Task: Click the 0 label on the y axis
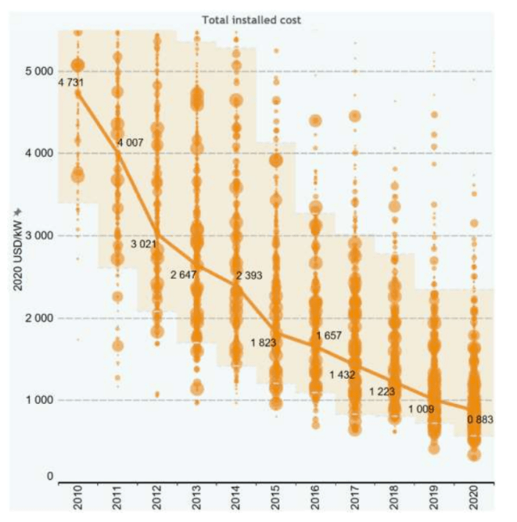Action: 49,477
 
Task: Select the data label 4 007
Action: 130,143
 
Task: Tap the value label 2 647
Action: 185,276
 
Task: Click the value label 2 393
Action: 250,276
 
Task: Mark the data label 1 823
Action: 264,343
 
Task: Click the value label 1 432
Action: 343,375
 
